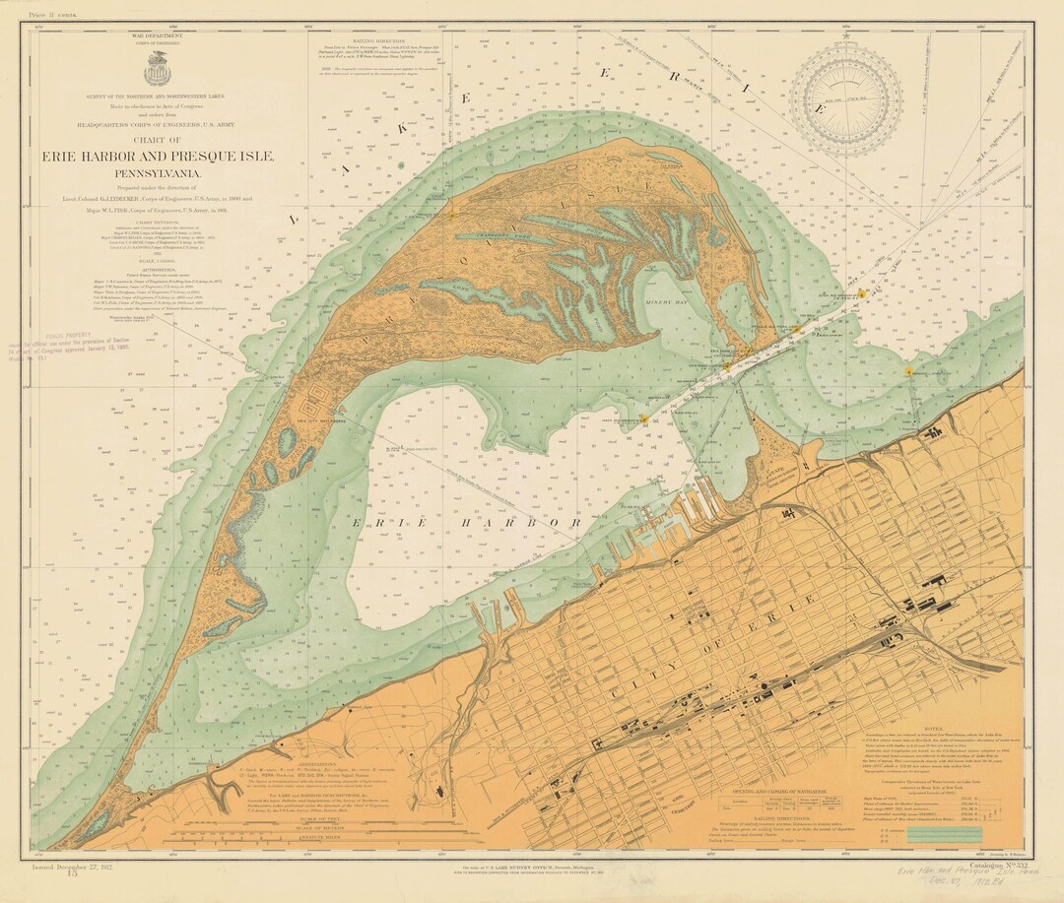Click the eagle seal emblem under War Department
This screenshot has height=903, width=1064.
(157, 70)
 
